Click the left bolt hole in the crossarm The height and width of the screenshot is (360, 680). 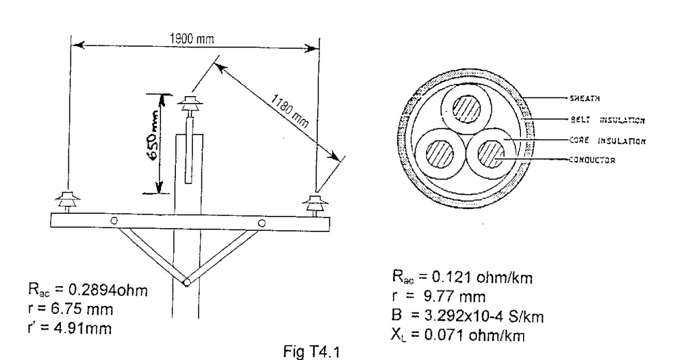(114, 221)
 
